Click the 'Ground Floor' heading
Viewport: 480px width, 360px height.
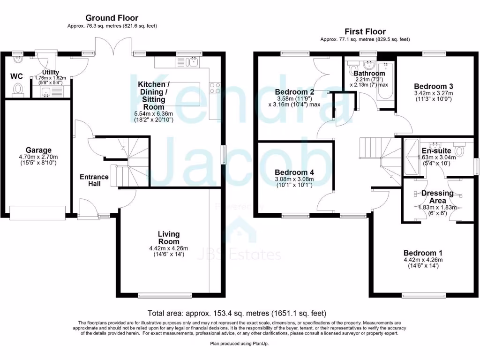[x=112, y=18]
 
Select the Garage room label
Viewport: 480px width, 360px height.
[x=38, y=150]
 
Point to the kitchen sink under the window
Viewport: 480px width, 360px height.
[x=192, y=62]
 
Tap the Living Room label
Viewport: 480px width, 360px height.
[x=168, y=238]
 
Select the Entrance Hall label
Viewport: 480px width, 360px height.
[x=94, y=180]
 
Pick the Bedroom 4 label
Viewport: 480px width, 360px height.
[x=294, y=172]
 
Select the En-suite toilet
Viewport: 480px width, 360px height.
[x=459, y=151]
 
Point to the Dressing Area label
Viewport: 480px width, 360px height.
[x=437, y=196]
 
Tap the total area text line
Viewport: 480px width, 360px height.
[x=237, y=313]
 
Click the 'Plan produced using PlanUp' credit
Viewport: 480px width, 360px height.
[x=240, y=344]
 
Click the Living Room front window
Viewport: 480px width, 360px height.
[x=165, y=295]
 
